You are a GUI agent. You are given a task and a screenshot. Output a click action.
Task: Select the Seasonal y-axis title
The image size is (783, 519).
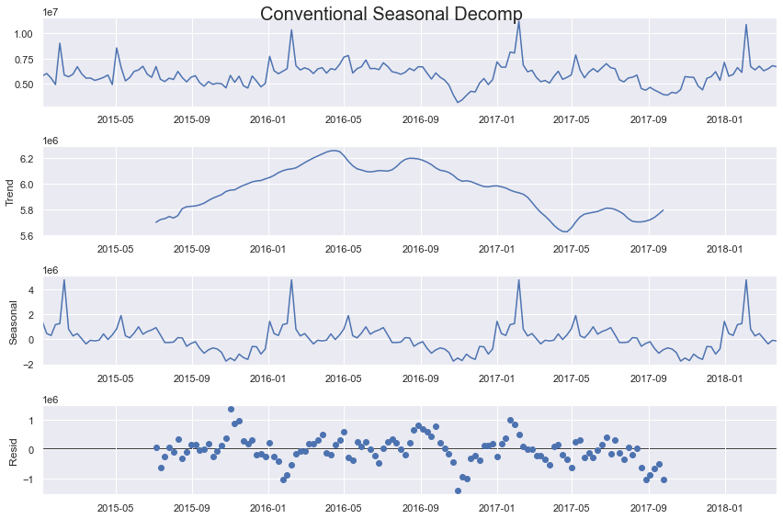[12, 321]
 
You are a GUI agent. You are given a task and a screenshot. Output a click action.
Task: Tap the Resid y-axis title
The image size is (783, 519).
[12, 450]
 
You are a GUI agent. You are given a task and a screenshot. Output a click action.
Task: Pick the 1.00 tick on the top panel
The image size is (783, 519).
[25, 34]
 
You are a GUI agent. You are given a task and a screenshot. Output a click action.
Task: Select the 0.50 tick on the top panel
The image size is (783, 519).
[25, 84]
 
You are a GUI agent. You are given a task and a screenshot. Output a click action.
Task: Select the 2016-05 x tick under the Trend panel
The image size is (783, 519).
[343, 248]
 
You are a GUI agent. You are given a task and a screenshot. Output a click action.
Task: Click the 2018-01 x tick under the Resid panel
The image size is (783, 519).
[724, 506]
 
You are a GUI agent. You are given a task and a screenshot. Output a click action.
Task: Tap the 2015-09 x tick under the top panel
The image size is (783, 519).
[191, 119]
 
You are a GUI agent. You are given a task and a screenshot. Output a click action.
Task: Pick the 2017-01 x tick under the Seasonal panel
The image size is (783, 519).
[496, 377]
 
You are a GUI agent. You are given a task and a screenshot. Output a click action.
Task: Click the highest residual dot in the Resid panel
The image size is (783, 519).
[231, 410]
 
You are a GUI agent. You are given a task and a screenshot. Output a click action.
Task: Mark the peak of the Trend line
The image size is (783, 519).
[334, 151]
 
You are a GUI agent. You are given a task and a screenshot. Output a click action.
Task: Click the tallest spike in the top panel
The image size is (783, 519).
[518, 21]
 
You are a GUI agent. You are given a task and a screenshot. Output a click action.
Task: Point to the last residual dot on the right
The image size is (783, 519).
[664, 480]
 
